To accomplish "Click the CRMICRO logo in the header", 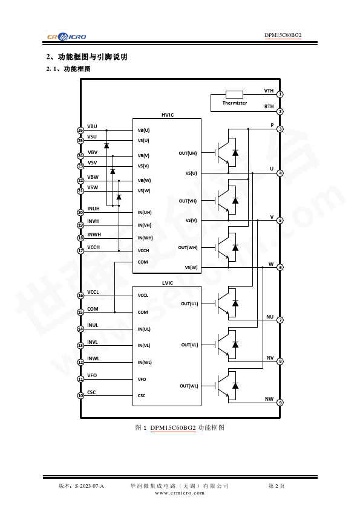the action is point(67,36).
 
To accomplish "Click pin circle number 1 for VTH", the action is point(280,94).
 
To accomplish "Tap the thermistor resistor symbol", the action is point(234,94).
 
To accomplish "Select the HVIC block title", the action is point(168,115).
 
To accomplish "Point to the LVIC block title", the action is point(168,283).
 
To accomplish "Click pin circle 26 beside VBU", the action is point(80,130).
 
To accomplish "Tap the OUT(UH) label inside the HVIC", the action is point(188,153).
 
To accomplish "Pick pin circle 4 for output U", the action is point(280,173).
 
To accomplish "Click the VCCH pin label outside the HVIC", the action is point(94,247).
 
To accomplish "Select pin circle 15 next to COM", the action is point(80,313).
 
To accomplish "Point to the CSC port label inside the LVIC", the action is point(142,396).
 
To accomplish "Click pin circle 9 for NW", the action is point(280,403).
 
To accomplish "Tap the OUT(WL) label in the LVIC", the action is point(189,386).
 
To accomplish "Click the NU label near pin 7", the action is point(270,317).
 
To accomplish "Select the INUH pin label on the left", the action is point(94,209).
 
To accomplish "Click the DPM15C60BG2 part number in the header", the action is point(283,35).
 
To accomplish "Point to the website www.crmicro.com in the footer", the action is point(180,493).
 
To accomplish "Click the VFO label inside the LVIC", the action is point(142,379).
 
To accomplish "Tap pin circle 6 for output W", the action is point(280,267).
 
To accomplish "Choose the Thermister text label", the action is point(235,103).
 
